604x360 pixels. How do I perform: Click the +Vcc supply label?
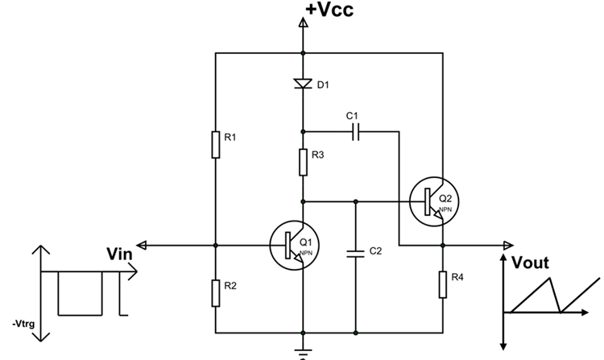[x=329, y=10]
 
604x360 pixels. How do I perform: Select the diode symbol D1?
[x=303, y=83]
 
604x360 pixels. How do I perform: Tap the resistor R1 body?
[x=217, y=145]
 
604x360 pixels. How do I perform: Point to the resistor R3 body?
[x=303, y=162]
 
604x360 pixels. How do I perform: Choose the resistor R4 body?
[x=442, y=283]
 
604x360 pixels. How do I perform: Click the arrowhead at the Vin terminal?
[x=142, y=245]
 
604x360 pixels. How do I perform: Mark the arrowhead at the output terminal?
[x=507, y=245]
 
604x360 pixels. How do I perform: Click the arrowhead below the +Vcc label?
[x=303, y=24]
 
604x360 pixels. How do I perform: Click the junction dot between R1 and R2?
[x=217, y=245]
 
